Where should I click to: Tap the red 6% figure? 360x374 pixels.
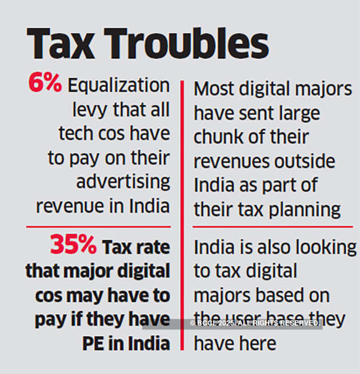45,84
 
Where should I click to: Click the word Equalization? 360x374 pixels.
119,86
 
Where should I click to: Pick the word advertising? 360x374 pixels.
123,182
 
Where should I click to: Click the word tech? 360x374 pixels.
75,134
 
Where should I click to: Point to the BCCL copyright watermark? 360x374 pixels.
255,323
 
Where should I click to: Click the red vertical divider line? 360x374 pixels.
182,217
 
